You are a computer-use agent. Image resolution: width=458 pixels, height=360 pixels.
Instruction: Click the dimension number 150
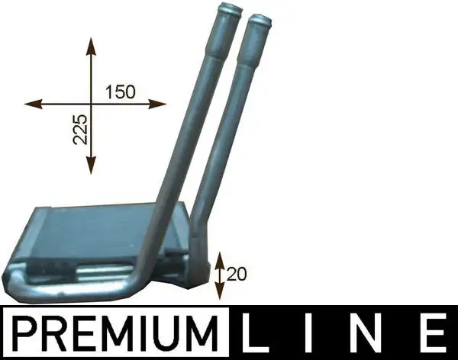(x=121, y=92)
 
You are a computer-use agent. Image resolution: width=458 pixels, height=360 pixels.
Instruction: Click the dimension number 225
(x=80, y=129)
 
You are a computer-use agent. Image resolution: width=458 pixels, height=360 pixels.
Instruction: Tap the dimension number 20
(x=237, y=274)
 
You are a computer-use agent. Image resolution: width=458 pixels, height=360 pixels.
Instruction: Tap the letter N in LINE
(x=369, y=333)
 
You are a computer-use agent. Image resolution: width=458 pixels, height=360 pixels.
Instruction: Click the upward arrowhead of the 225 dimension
(x=92, y=46)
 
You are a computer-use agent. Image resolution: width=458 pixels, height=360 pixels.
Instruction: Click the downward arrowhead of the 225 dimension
(x=92, y=165)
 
